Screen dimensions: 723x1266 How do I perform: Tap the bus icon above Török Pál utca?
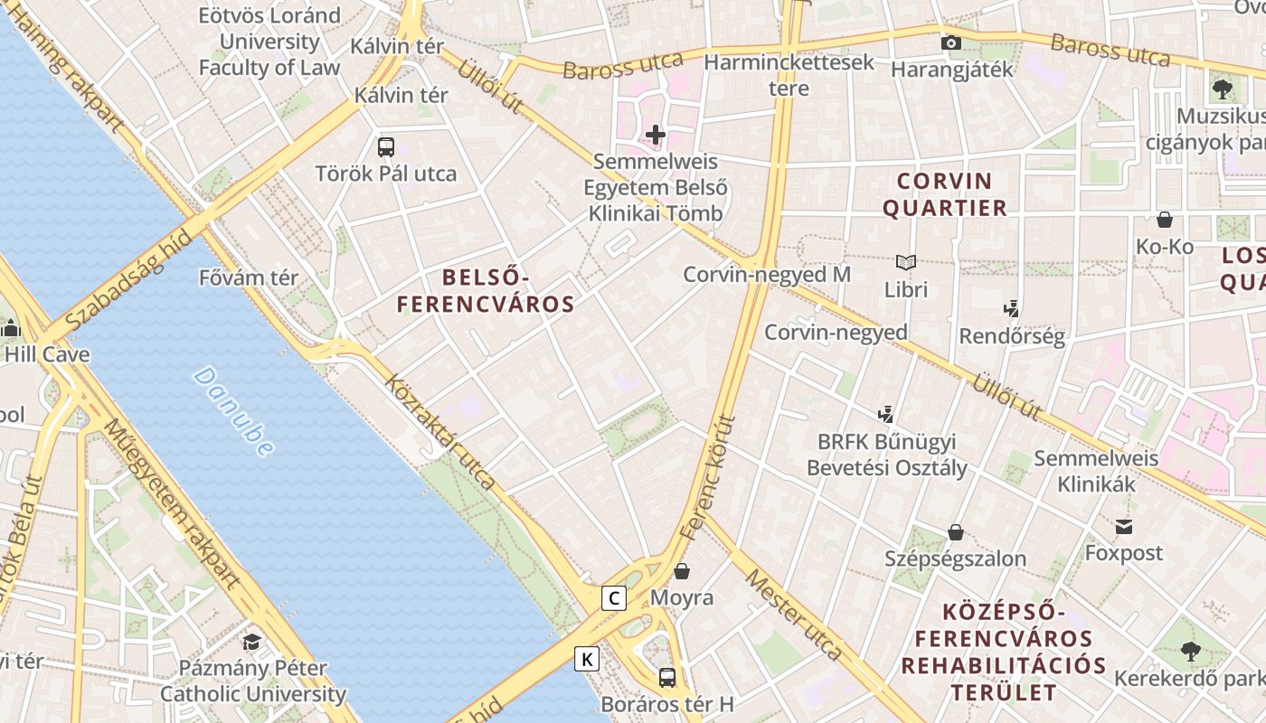(386, 146)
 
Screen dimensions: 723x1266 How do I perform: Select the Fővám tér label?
(249, 277)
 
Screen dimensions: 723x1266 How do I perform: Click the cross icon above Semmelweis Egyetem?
(656, 136)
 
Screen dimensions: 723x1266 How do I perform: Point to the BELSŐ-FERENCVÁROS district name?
(486, 291)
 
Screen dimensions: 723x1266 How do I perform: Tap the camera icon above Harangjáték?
(950, 42)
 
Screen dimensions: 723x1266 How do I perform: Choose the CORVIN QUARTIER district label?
(944, 194)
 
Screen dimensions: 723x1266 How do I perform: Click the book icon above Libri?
(906, 263)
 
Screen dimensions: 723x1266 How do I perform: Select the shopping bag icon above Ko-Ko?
(1165, 220)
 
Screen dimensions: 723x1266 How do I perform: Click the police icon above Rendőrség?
(1012, 308)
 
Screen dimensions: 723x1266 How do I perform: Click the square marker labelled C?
(614, 597)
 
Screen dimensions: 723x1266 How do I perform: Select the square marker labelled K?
(587, 659)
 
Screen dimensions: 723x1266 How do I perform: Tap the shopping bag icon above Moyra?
(682, 571)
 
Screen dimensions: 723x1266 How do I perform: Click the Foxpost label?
(1123, 552)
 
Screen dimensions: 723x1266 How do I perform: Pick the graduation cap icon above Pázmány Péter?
(252, 642)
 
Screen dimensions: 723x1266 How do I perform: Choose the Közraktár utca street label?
(440, 432)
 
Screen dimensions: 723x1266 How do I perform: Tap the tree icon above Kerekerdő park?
(1191, 651)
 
